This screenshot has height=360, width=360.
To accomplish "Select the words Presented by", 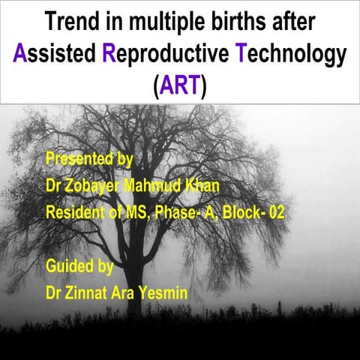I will (89, 159).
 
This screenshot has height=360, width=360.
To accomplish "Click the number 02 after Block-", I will (275, 213).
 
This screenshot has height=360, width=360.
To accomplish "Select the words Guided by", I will (79, 266).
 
